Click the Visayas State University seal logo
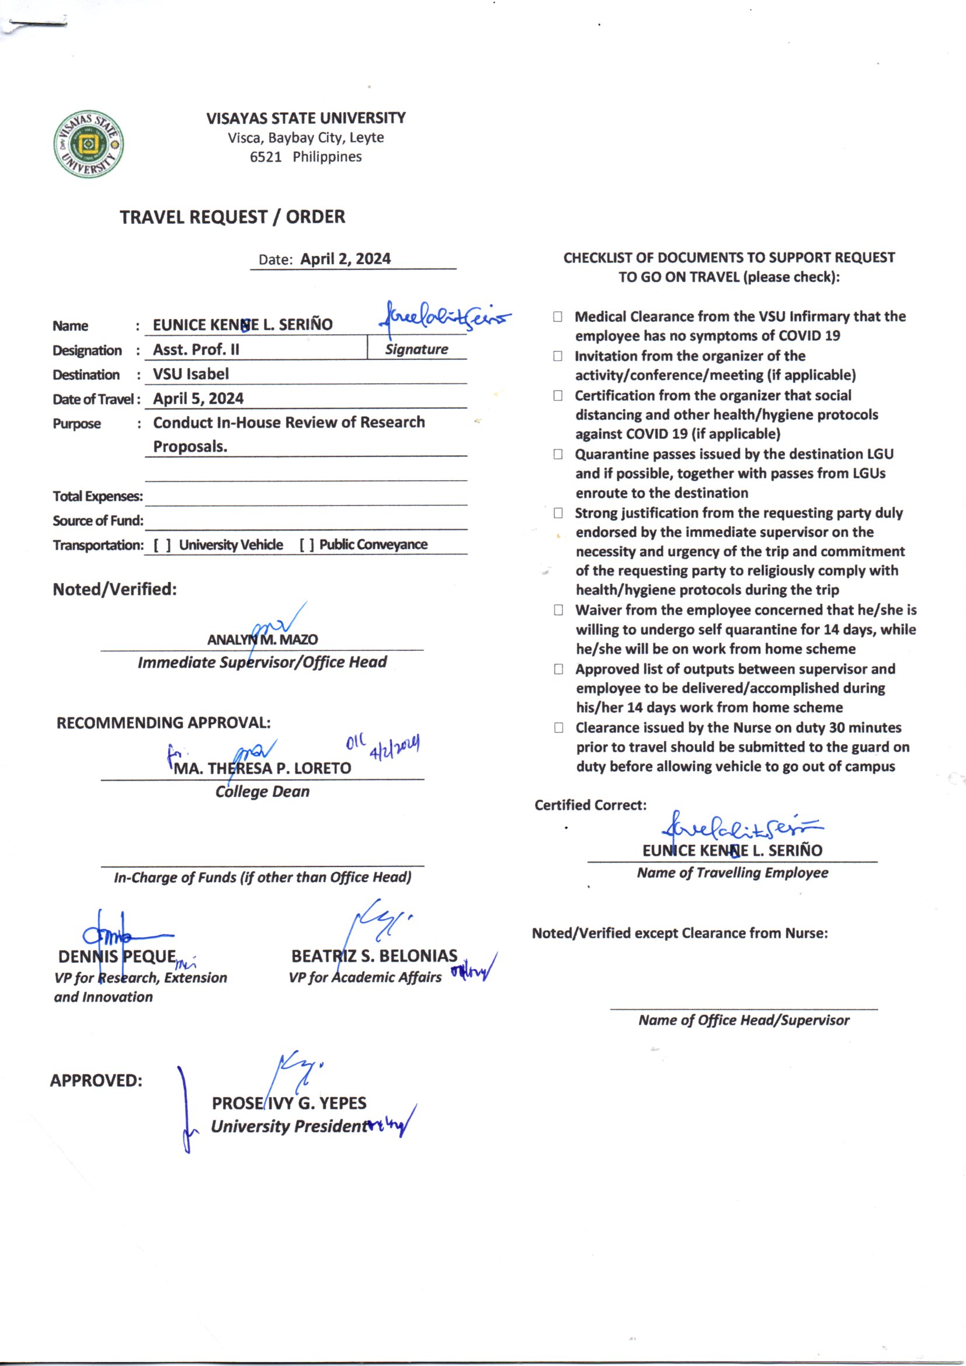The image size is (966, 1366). point(89,143)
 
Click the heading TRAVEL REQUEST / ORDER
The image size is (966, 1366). point(232,217)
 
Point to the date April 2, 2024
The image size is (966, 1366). point(345,259)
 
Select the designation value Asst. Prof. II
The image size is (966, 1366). point(196,349)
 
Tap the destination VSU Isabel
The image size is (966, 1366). point(190,373)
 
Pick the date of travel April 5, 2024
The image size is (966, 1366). point(198,398)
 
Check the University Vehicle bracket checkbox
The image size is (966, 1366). point(162,545)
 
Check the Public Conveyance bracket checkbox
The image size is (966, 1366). point(307,545)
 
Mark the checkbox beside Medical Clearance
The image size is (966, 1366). point(557,317)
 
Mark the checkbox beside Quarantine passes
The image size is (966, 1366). point(558,454)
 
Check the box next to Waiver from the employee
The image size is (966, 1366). point(558,610)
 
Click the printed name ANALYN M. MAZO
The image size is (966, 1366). point(262,640)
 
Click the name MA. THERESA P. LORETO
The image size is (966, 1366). point(262,768)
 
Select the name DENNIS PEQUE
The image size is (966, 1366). point(117,956)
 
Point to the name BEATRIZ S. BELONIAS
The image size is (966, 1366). point(374,956)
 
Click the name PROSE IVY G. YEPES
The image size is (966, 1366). point(289,1104)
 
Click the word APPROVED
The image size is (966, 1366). point(96,1080)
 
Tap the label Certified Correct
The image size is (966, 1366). point(590,805)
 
